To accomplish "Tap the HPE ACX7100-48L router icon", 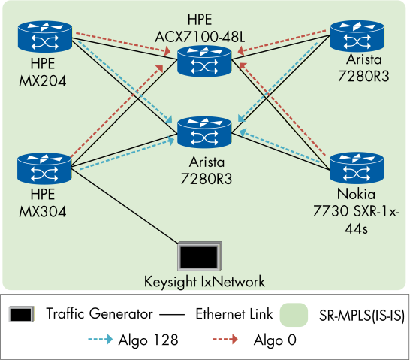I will [205, 61].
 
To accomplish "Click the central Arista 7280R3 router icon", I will [205, 132].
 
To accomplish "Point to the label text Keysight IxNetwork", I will [205, 282].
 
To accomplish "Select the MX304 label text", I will [43, 212].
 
